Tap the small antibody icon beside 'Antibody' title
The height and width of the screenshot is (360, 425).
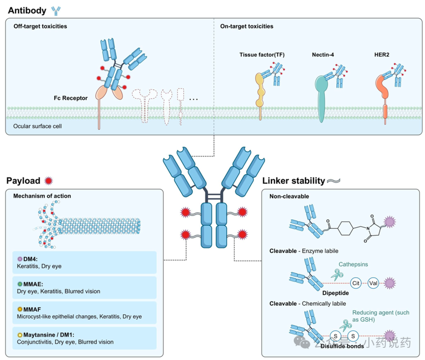(56, 10)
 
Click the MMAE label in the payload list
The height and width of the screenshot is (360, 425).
(29, 283)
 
